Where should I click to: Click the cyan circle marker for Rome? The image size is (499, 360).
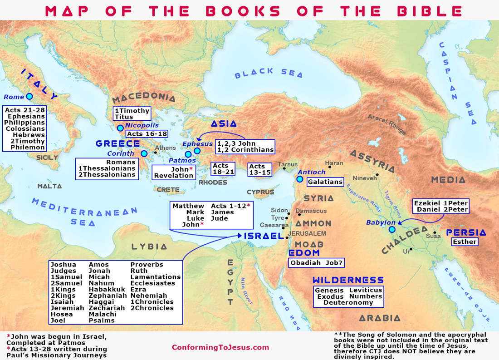[29, 96]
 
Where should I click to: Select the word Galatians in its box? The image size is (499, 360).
[325, 182]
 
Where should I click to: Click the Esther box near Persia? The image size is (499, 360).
[465, 242]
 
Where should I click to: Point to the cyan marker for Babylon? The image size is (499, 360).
[392, 230]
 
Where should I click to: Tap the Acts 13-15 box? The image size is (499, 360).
[259, 169]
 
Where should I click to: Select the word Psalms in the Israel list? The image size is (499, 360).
[102, 320]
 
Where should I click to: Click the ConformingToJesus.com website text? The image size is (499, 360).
[220, 347]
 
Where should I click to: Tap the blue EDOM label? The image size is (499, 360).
[304, 253]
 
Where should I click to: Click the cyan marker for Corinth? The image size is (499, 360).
[144, 153]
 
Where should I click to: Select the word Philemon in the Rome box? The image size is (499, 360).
[28, 147]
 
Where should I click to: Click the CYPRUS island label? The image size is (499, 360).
[260, 192]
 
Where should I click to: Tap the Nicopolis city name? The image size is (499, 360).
[142, 125]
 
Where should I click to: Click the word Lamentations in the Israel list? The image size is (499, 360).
[156, 276]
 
